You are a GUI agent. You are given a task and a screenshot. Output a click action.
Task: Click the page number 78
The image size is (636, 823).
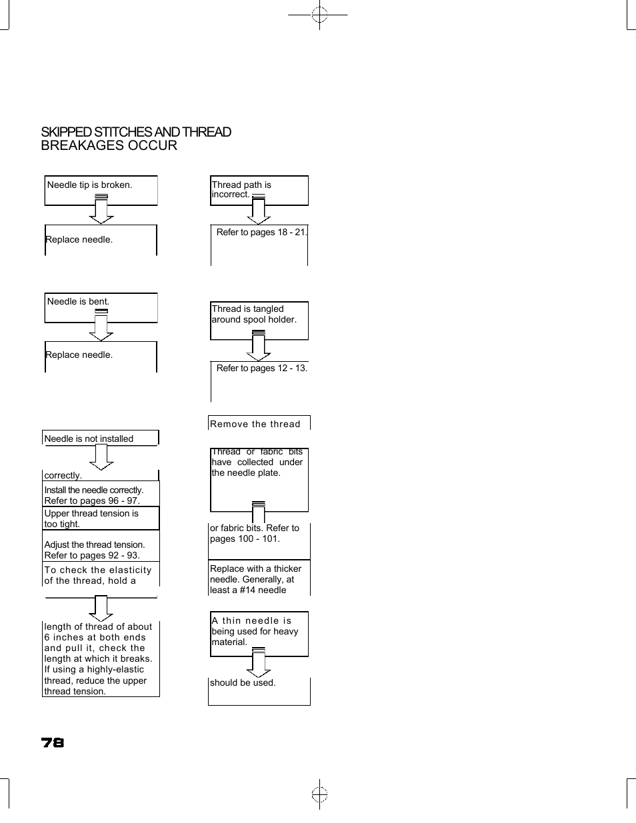coord(53,742)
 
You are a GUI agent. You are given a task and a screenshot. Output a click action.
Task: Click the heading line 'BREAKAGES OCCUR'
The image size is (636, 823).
coord(109,146)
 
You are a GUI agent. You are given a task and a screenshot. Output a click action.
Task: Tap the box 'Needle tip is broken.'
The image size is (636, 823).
coord(101,190)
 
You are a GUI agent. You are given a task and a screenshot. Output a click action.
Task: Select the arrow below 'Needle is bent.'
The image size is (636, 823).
coord(101,326)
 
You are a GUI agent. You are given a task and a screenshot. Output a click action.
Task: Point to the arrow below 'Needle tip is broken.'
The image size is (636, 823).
coord(101,210)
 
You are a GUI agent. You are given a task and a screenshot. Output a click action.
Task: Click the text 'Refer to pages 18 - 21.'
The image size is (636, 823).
coord(261,233)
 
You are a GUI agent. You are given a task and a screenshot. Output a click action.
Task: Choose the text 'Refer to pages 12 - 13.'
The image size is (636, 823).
coord(261,369)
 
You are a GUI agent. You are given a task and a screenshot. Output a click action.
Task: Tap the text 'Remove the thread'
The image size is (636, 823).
coord(255,424)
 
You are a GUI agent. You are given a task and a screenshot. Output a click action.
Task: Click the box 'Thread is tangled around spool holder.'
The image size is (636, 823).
coord(259,321)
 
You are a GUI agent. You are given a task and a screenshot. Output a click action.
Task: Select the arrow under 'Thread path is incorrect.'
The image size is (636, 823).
coord(259,211)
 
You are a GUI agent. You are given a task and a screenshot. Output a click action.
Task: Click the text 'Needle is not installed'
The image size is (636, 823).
coord(89,439)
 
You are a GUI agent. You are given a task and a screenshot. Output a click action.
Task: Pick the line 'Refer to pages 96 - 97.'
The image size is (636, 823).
coord(92,501)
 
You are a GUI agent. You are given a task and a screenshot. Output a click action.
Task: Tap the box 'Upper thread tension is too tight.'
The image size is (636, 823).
coord(101,518)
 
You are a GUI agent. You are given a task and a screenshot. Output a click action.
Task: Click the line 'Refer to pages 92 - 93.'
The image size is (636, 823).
coord(92,556)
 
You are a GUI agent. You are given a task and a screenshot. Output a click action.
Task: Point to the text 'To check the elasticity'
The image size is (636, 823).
coord(98,570)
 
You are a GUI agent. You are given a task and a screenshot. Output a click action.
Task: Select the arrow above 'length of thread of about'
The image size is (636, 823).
coord(101,608)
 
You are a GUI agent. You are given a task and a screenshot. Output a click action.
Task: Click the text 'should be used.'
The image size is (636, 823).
coord(243,683)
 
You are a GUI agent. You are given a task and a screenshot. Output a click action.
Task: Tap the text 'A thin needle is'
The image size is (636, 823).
coord(251,621)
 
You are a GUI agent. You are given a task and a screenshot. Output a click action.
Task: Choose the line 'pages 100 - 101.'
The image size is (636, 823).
coord(245,539)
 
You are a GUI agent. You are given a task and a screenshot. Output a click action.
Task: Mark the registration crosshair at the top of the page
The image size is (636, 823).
coord(319,14)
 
